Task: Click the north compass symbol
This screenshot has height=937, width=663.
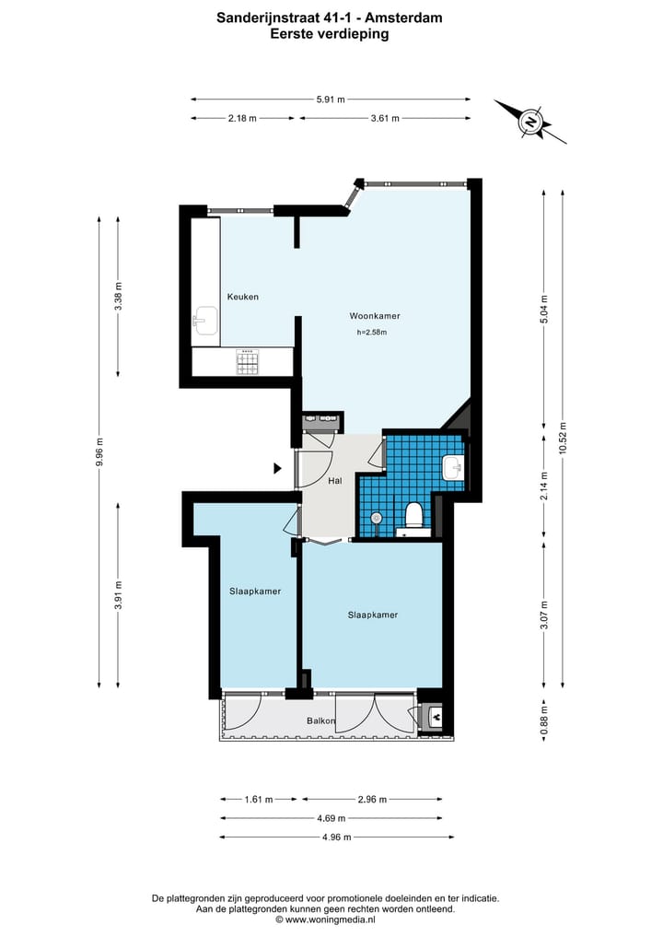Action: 530,122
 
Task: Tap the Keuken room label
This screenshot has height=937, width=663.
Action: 243,297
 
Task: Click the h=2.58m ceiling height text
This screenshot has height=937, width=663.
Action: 372,333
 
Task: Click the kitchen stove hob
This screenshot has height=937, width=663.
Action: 248,363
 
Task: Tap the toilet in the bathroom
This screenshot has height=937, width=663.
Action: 414,515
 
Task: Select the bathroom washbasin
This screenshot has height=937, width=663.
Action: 453,468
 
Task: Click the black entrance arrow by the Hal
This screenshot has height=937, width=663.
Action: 277,468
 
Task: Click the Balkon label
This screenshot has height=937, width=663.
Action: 321,720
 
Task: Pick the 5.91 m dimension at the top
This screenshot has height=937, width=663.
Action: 331,100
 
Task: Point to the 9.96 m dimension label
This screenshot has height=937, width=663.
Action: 99,451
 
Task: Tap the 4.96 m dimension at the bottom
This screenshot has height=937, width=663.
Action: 336,837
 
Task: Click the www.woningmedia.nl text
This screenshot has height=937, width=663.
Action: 331,919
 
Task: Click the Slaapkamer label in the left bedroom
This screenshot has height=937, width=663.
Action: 255,591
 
